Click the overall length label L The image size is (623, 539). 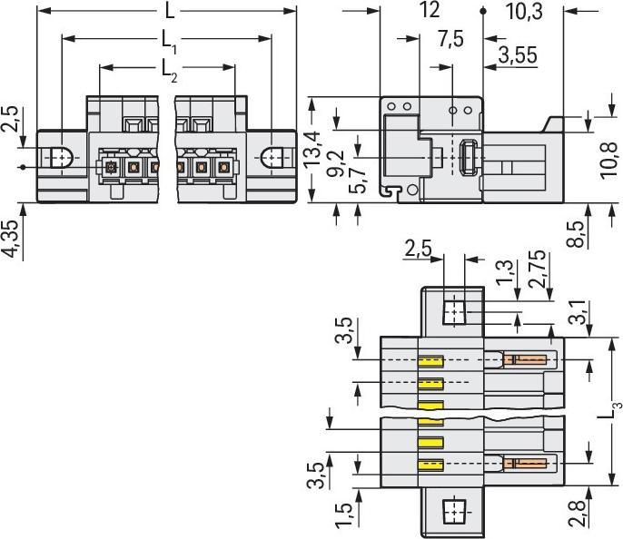[x=170, y=12]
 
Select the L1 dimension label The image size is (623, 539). [x=168, y=40]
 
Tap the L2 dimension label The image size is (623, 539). [x=168, y=68]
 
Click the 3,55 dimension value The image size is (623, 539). [x=515, y=56]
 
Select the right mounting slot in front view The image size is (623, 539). [x=275, y=159]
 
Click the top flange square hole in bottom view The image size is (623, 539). [x=453, y=313]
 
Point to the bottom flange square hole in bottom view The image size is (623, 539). [x=452, y=512]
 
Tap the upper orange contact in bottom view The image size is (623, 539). [x=526, y=360]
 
